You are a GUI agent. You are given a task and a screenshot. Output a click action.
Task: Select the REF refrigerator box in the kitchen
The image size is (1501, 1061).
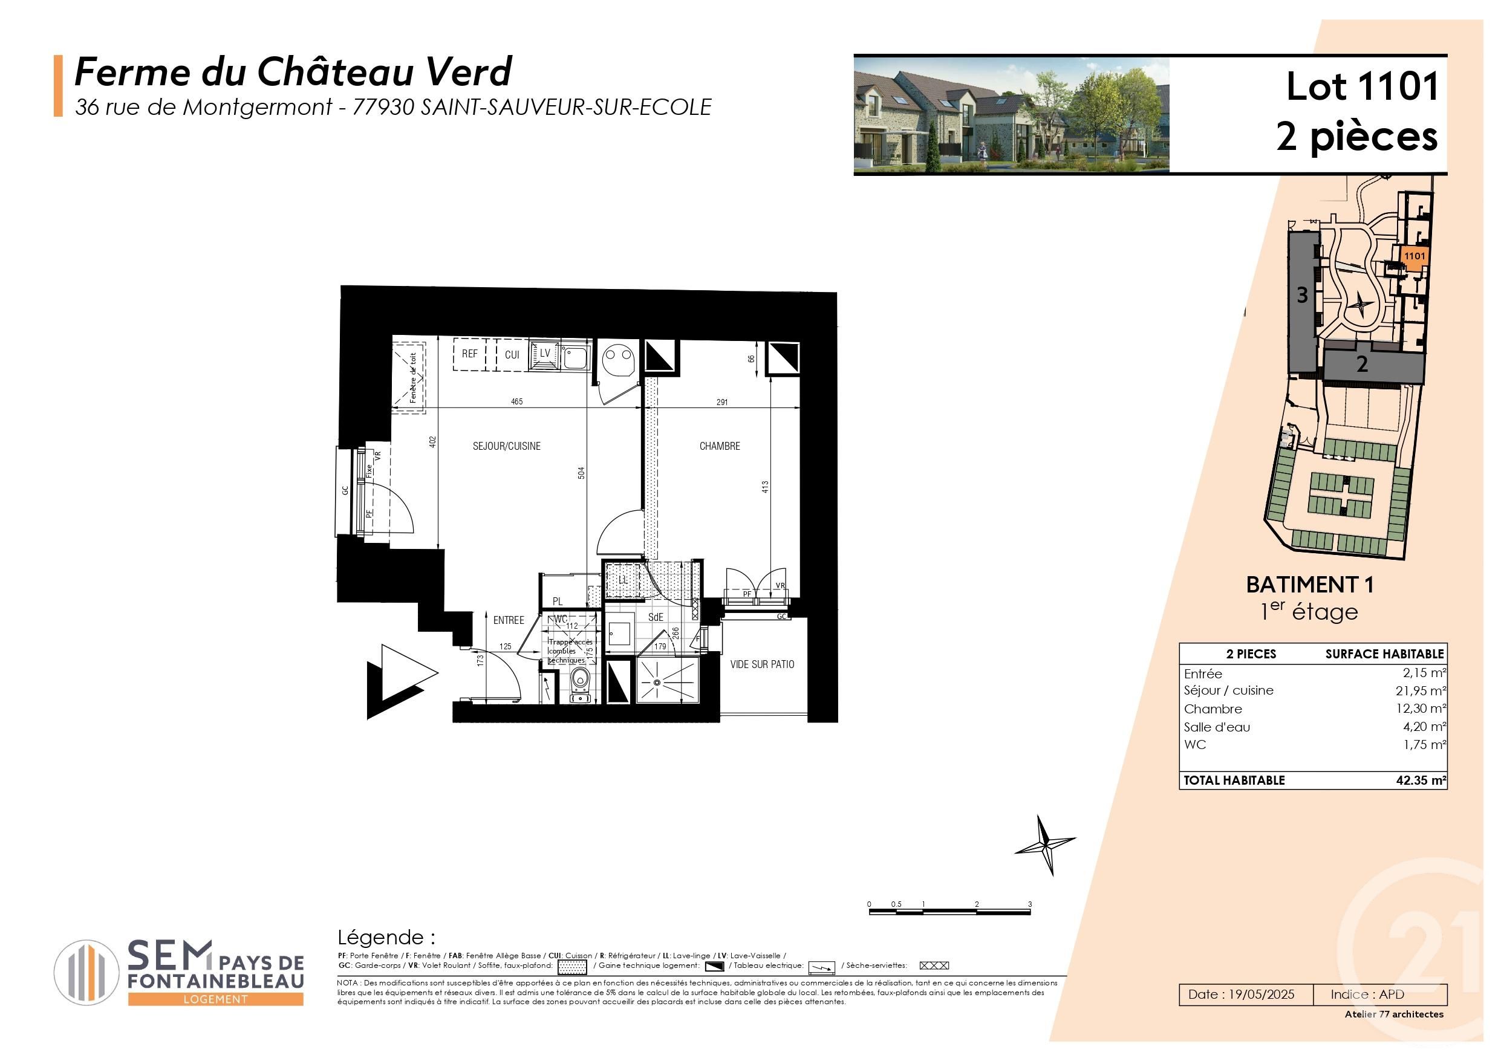click(x=469, y=354)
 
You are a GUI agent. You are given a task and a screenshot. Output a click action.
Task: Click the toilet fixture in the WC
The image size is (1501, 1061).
click(x=579, y=682)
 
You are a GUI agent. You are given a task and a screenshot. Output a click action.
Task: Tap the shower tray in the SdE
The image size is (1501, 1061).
click(x=667, y=681)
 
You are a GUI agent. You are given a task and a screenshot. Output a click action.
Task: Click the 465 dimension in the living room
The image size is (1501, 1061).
click(x=516, y=402)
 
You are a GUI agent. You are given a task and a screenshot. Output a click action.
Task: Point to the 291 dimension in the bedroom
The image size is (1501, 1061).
click(x=721, y=403)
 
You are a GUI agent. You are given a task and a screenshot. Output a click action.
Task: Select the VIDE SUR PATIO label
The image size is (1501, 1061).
click(x=762, y=664)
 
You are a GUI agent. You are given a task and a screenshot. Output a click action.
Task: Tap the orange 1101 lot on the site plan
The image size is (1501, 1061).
click(x=1414, y=256)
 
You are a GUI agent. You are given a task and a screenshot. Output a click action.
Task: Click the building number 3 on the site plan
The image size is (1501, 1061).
click(x=1302, y=296)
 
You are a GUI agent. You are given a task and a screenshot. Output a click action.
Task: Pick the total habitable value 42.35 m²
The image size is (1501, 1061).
click(x=1422, y=780)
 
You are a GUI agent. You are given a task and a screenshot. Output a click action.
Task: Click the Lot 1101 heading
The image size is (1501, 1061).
click(x=1363, y=87)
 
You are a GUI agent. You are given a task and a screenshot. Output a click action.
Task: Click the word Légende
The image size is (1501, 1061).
click(x=386, y=938)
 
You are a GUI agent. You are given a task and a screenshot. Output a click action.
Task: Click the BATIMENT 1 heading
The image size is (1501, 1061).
click(x=1309, y=585)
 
